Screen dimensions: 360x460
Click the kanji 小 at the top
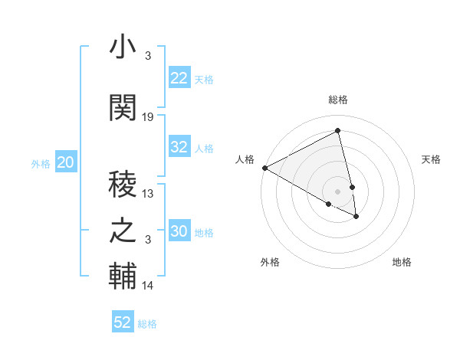123,47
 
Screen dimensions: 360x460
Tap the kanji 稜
123,184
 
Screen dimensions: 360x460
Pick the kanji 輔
123,275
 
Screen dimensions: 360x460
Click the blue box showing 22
179,78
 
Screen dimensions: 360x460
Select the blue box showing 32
179,148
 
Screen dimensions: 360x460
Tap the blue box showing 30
179,232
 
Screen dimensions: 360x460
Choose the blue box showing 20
66,162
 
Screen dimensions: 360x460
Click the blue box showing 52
123,322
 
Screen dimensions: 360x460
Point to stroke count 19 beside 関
148,117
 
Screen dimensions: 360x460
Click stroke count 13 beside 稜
148,194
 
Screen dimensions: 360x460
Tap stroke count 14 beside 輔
148,286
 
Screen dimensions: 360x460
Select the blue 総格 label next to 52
147,324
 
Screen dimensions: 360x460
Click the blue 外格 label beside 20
41,163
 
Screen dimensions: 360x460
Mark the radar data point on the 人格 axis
264,168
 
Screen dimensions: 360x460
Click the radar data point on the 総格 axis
338,132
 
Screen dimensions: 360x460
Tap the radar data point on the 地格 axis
356,217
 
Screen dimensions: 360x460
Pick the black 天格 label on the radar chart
431,159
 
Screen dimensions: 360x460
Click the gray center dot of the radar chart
338,191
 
